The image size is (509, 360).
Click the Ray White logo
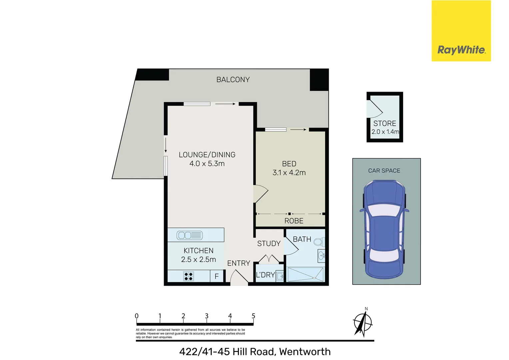pos(461,50)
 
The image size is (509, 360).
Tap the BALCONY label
pos(233,80)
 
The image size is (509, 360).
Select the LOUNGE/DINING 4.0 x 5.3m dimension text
pos(207,164)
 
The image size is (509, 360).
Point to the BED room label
pos(289,164)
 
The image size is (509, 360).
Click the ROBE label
pos(294,221)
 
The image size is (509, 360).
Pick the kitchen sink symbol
pos(189,235)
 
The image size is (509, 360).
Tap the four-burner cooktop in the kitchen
pos(189,276)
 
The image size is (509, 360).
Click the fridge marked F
pos(217,276)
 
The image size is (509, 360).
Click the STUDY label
pos(269,244)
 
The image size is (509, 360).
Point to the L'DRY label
pos(265,275)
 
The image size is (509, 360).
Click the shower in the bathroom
pos(305,274)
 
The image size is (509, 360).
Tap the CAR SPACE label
pos(384,171)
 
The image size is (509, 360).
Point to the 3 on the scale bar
pos(207,316)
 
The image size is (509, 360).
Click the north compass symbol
pos(363,323)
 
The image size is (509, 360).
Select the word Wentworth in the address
pos(305,352)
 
